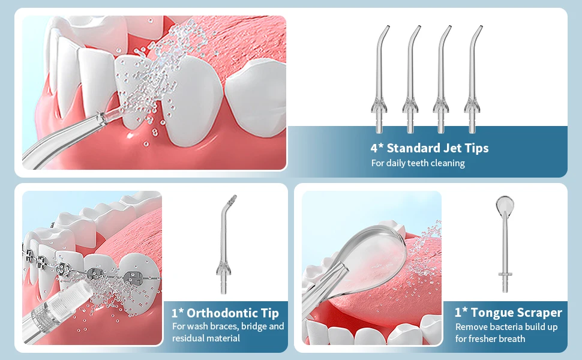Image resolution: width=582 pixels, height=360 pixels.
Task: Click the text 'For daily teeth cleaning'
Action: [418, 163]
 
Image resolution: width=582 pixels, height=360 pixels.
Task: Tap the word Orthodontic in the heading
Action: [222, 313]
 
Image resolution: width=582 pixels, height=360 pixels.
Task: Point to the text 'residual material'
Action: [206, 338]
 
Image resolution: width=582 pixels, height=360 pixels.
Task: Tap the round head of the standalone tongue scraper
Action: [505, 204]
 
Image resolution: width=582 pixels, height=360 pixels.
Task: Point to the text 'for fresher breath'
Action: [490, 339]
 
